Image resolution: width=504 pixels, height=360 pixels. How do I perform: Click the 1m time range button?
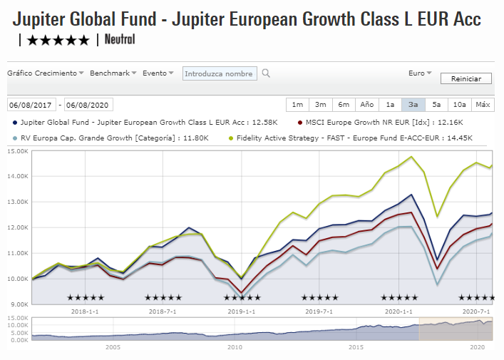click(x=297, y=105)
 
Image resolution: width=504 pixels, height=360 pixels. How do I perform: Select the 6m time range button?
click(x=344, y=105)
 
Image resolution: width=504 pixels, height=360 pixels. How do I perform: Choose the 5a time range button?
click(x=436, y=105)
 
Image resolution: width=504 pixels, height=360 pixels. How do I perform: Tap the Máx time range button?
click(x=483, y=105)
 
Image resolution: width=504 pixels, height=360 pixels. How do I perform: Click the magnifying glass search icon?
click(x=266, y=73)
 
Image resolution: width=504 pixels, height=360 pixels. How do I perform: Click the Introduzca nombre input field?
click(x=220, y=73)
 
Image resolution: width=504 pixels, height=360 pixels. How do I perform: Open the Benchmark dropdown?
click(x=114, y=73)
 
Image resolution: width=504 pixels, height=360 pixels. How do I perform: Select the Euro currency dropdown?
click(x=420, y=73)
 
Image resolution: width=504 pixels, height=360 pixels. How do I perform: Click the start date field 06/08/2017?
click(x=32, y=105)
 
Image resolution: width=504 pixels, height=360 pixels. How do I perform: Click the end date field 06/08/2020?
click(x=88, y=105)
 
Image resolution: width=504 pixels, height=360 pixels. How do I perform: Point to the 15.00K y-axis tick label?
click(x=17, y=151)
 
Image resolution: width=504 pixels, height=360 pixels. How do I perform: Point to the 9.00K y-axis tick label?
click(x=17, y=304)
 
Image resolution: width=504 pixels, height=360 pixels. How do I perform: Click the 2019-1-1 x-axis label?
click(x=240, y=312)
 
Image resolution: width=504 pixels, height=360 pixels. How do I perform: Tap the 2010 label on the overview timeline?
click(x=235, y=346)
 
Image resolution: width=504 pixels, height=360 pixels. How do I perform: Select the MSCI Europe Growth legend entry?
click(x=371, y=123)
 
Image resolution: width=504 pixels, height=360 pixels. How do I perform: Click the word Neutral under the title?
click(x=120, y=39)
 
